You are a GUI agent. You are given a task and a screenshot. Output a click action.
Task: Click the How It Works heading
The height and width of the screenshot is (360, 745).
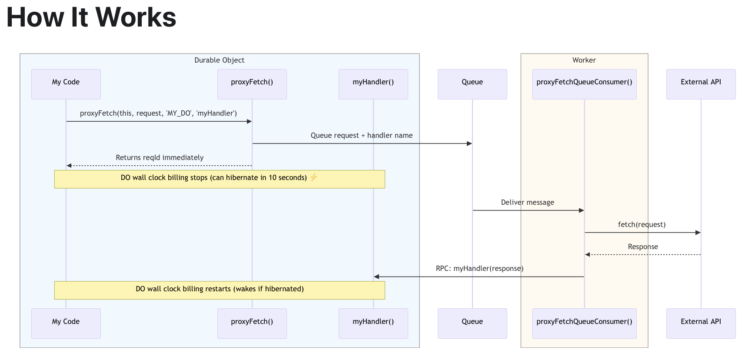click(x=91, y=18)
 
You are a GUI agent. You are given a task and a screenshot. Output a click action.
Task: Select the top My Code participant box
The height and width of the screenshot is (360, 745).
click(x=66, y=84)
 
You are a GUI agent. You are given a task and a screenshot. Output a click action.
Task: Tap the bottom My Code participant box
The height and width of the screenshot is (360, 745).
click(x=66, y=323)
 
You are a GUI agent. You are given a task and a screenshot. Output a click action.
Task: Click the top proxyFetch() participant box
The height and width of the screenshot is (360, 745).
click(x=252, y=84)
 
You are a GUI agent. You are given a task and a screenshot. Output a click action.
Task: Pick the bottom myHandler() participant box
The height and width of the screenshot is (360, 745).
click(x=373, y=323)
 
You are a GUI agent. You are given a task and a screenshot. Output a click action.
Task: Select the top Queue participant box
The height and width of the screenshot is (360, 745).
click(x=472, y=84)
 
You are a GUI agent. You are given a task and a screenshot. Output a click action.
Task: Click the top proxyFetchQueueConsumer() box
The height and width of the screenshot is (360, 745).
click(x=584, y=84)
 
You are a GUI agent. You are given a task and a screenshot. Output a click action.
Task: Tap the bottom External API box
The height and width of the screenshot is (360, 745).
click(x=701, y=323)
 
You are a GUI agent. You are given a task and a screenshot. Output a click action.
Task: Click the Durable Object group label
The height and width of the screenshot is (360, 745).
click(x=219, y=60)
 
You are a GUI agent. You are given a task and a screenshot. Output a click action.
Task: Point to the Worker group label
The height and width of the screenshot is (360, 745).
click(x=584, y=60)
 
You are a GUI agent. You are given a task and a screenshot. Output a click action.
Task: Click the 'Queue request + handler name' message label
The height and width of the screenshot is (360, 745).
click(x=362, y=135)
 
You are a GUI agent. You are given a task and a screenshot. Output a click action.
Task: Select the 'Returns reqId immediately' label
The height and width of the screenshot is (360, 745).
click(x=160, y=157)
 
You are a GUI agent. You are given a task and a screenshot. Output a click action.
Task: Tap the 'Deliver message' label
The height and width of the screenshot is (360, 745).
click(x=527, y=202)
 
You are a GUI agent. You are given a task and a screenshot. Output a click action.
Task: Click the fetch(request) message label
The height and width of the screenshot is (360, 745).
click(x=642, y=224)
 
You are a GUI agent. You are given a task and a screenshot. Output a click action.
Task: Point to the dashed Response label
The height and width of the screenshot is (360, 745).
click(x=643, y=247)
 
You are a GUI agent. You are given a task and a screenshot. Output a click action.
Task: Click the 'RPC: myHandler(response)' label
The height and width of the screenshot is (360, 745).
click(x=479, y=268)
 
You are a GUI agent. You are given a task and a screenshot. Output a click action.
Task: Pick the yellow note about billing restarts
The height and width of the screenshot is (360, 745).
click(x=220, y=290)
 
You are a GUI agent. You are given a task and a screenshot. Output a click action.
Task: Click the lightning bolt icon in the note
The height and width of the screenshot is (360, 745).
click(x=314, y=177)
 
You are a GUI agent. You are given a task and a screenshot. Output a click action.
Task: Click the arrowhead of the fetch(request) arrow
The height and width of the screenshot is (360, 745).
click(x=698, y=233)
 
